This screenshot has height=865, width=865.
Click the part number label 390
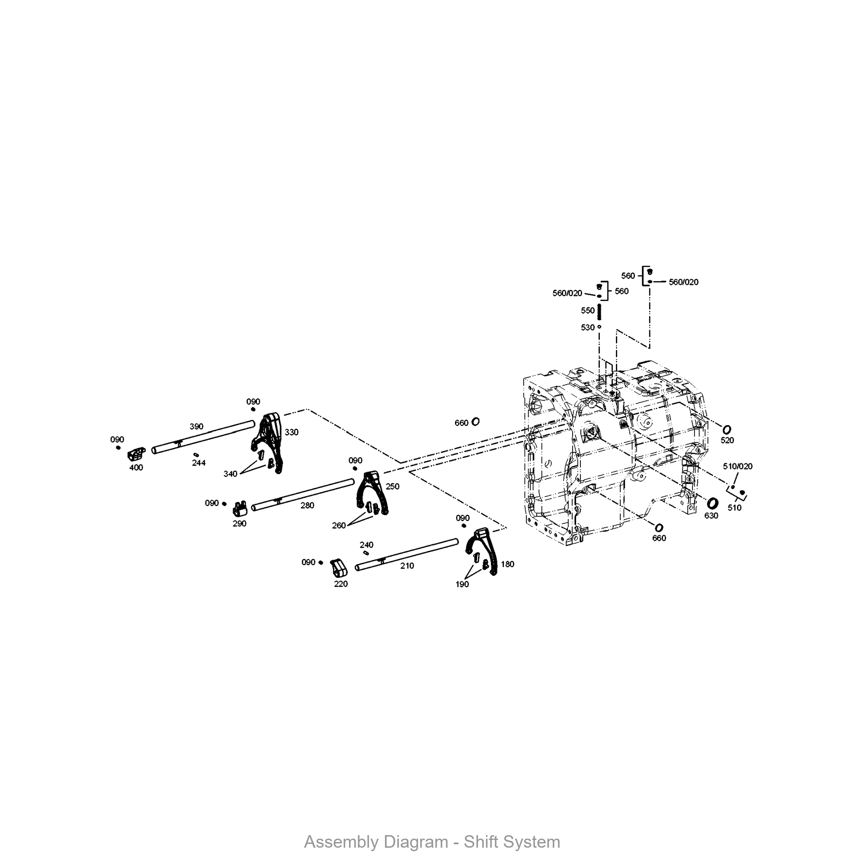(196, 427)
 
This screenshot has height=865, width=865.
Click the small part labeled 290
(240, 508)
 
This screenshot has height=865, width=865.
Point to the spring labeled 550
(599, 311)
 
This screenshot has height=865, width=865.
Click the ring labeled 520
(727, 429)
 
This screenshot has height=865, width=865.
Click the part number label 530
(587, 328)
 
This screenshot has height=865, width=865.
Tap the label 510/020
(737, 467)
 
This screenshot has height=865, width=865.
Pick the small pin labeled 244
(196, 455)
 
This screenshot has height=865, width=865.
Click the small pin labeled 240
(366, 553)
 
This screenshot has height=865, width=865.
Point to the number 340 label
(230, 474)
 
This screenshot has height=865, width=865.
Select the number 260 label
(339, 525)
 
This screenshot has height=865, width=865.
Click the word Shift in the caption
(481, 842)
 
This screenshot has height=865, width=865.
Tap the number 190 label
(462, 584)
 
